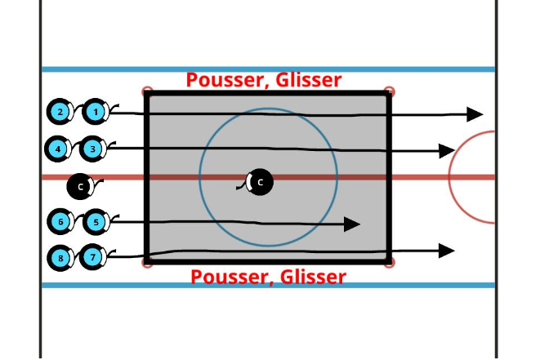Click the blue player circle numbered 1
(x=96, y=111)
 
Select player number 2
(x=60, y=112)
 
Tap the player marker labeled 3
(x=93, y=149)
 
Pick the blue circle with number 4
(x=57, y=149)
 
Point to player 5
(x=96, y=221)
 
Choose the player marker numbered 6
(x=60, y=221)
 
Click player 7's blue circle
(x=93, y=258)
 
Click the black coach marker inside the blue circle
(x=261, y=182)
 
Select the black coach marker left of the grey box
(x=80, y=187)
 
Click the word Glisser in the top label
(x=306, y=80)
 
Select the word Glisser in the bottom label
(x=311, y=277)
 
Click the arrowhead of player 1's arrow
(x=475, y=114)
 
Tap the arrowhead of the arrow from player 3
(x=446, y=150)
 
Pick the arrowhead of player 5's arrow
(x=352, y=224)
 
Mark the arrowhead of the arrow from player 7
(x=446, y=251)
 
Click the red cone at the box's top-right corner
(x=389, y=91)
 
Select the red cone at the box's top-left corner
(x=147, y=91)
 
